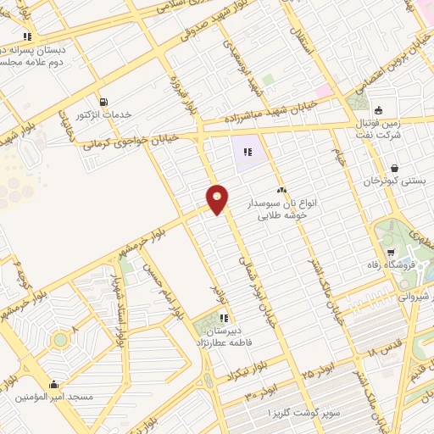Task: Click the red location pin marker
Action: pos(218,199)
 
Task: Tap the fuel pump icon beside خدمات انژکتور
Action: pos(104,101)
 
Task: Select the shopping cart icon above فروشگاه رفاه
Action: pos(391,253)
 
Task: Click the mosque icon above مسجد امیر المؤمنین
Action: pos(55,384)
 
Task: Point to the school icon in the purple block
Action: pos(247,153)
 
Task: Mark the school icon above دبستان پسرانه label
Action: pos(28,36)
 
